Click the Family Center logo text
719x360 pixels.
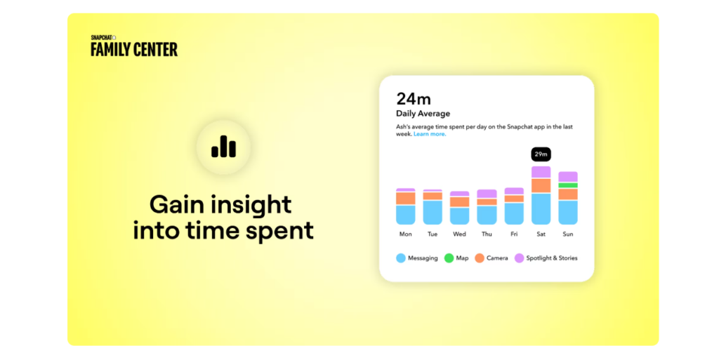[x=134, y=48]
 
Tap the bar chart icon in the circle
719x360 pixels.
[x=223, y=147]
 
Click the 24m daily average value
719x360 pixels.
[x=410, y=99]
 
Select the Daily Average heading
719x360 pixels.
[x=423, y=113]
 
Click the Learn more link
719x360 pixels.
[x=429, y=134]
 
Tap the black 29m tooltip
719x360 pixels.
[x=541, y=154]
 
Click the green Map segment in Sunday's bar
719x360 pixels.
[x=567, y=185]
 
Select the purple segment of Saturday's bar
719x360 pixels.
[x=541, y=172]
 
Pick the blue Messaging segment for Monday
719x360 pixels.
[x=406, y=214]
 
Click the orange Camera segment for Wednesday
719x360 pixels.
[x=459, y=201]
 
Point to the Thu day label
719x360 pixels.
[x=487, y=234]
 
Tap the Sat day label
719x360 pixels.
[x=541, y=234]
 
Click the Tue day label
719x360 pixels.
[x=433, y=234]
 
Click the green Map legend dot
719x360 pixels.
[x=449, y=258]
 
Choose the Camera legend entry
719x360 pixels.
[x=491, y=258]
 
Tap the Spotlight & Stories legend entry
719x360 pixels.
[x=546, y=258]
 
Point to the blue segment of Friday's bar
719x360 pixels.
[x=514, y=213]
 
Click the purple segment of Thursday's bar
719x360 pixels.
[x=487, y=194]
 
